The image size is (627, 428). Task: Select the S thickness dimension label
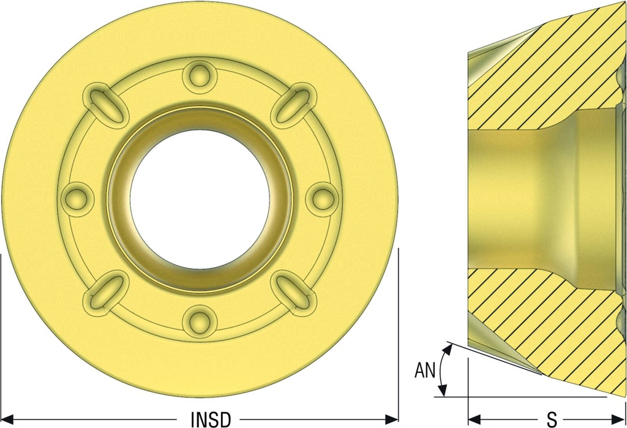[552, 419]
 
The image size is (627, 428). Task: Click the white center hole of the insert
[200, 199]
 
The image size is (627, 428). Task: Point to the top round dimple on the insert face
[200, 77]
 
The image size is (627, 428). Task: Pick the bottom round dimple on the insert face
[200, 321]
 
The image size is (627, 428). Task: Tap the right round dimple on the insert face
[322, 199]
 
